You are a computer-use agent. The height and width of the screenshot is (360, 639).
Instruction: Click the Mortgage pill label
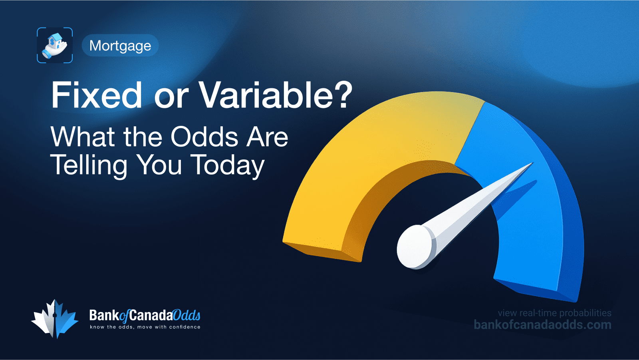click(120, 46)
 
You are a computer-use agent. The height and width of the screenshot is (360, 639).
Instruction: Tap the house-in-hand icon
click(55, 45)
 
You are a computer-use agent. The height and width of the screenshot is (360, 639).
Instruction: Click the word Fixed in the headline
click(97, 95)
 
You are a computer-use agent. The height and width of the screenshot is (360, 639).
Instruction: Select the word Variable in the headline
click(266, 95)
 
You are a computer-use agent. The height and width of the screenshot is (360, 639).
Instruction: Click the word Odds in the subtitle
click(204, 137)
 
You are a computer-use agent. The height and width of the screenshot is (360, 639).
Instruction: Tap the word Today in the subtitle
click(227, 165)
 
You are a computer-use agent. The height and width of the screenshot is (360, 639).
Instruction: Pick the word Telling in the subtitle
click(89, 165)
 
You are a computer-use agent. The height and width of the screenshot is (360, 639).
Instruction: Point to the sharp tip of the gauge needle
click(532, 163)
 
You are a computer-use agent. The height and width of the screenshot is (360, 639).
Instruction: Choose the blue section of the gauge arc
click(527, 224)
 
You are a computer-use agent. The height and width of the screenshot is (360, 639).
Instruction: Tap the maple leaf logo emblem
click(55, 319)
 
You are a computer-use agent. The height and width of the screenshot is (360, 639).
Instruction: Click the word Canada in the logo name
click(151, 316)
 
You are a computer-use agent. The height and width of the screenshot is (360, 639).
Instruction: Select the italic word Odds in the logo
click(187, 316)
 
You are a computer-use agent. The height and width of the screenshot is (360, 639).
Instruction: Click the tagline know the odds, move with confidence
click(145, 327)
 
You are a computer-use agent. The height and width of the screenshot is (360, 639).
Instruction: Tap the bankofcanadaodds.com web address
click(542, 325)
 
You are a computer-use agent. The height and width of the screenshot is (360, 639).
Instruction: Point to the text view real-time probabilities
click(554, 313)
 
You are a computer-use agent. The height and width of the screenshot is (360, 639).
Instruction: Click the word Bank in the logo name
click(104, 316)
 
